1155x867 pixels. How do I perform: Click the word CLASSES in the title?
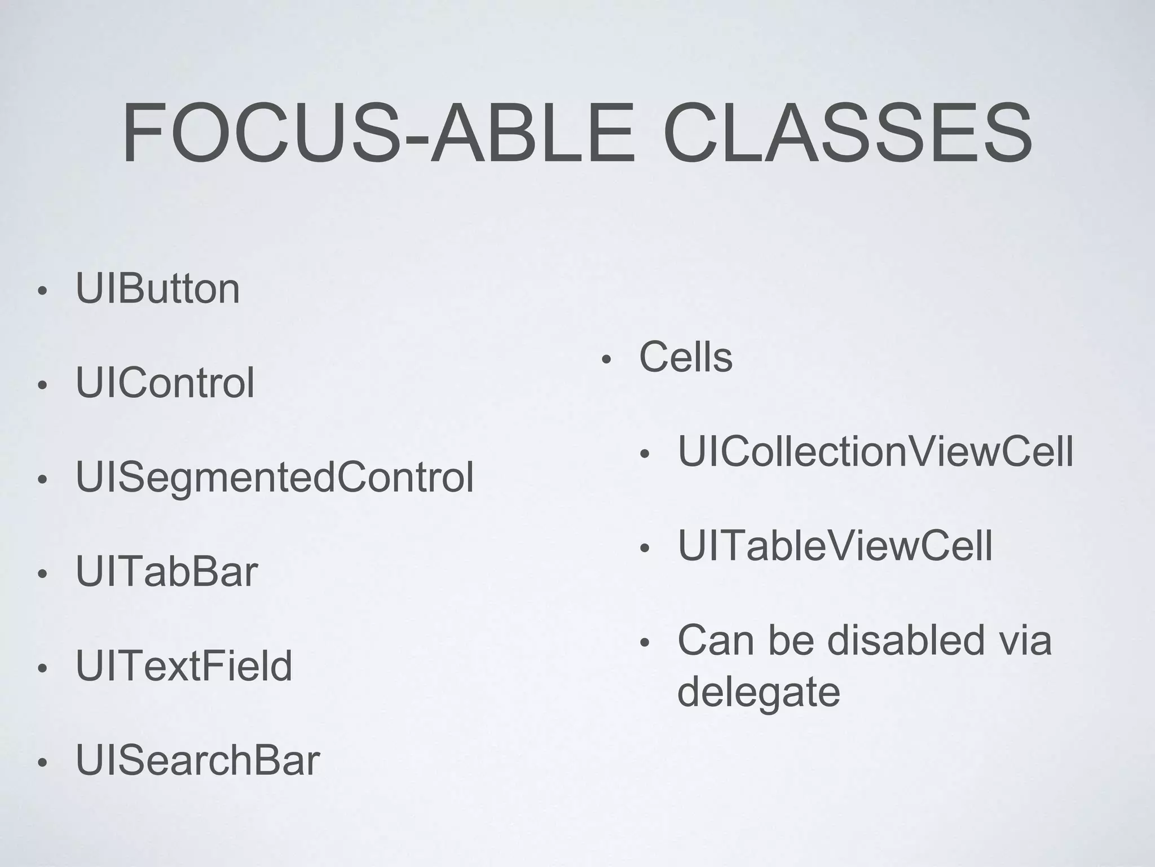click(x=847, y=134)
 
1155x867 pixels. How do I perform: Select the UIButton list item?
click(x=158, y=289)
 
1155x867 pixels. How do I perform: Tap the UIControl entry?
click(x=165, y=383)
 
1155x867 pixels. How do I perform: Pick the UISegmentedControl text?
click(x=275, y=478)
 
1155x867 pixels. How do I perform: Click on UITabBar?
click(x=167, y=572)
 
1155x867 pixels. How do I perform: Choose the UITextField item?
click(x=184, y=666)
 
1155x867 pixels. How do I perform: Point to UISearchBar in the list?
click(x=197, y=760)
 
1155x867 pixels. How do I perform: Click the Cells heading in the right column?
click(x=685, y=357)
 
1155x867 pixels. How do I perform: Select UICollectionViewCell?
click(x=875, y=452)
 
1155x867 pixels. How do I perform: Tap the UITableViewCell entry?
click(x=835, y=546)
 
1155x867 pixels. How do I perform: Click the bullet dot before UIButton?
click(x=41, y=292)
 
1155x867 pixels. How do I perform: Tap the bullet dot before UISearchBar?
click(x=41, y=763)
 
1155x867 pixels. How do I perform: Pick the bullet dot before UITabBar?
click(x=41, y=575)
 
